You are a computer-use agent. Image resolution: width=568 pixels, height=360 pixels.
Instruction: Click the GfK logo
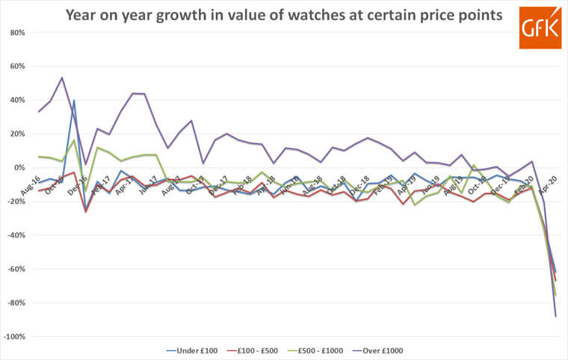pos(540,28)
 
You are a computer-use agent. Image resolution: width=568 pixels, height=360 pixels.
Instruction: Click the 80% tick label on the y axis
pos(17,33)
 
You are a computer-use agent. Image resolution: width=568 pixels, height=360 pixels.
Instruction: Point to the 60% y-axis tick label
pos(17,66)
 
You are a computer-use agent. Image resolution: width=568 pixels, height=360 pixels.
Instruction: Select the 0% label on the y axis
pos(19,168)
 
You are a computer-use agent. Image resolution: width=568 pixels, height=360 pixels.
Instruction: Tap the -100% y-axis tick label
pos(15,337)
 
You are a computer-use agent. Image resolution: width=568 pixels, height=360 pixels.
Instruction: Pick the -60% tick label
pos(16,270)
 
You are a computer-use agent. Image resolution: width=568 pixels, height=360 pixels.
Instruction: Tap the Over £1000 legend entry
pos(384,350)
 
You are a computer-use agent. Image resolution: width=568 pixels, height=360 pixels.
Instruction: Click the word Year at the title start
pos(83,14)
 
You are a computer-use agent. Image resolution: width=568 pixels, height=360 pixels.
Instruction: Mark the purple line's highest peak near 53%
pos(62,78)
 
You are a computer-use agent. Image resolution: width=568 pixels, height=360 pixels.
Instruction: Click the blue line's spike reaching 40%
pos(74,100)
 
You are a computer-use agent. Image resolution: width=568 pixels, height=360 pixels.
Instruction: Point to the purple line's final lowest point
pos(555,317)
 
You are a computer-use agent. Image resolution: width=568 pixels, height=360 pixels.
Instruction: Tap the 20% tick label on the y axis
pos(17,134)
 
